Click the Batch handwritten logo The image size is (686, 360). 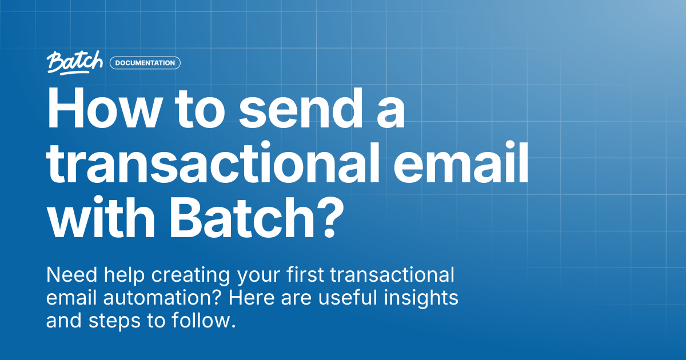coord(75,63)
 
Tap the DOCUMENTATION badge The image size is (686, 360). coord(145,63)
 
